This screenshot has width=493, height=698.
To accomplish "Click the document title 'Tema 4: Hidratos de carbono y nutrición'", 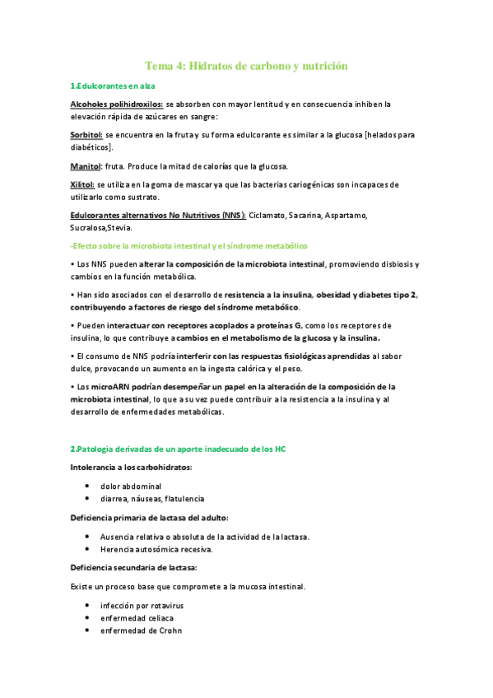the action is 246,65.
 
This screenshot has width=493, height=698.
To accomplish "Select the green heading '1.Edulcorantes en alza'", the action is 113,86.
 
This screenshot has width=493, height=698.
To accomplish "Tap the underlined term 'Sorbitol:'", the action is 86,135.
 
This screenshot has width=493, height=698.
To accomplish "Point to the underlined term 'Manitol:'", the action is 86,165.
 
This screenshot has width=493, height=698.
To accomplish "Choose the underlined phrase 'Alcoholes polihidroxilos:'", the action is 117,105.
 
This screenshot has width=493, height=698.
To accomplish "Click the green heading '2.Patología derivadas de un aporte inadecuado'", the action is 178,448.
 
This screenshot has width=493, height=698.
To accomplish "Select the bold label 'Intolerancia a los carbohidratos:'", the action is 131,468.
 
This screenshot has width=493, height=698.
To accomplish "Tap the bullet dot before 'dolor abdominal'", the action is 87,486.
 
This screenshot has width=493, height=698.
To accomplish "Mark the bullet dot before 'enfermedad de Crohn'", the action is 87,631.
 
